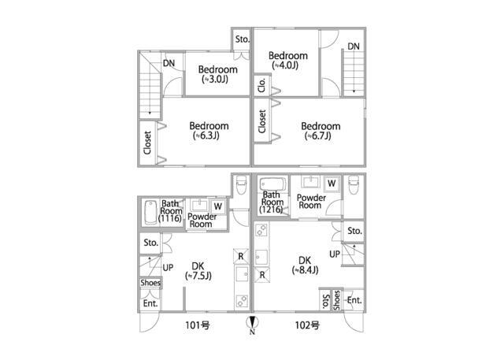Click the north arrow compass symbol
(x=252, y=325)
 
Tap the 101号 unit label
(x=198, y=325)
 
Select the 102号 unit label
(x=307, y=325)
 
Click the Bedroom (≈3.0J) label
(x=217, y=74)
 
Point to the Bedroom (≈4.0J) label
(x=288, y=61)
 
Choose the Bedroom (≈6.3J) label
(x=209, y=131)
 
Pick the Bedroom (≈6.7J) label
(x=321, y=131)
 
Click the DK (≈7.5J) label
(x=198, y=271)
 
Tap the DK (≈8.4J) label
(x=305, y=265)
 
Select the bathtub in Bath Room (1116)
(x=150, y=213)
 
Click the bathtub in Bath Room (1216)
(x=272, y=185)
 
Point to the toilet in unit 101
(x=241, y=185)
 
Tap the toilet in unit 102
(x=354, y=185)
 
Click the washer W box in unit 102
(x=332, y=184)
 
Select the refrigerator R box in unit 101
(x=241, y=256)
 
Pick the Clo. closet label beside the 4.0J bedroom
(x=261, y=85)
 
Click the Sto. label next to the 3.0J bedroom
(x=242, y=39)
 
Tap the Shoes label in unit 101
(x=150, y=283)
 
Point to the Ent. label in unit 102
(x=354, y=300)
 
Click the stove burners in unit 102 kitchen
(x=261, y=230)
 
